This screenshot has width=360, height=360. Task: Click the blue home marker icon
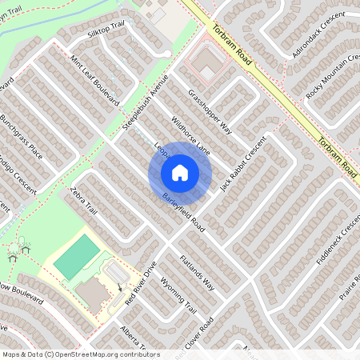[180, 173]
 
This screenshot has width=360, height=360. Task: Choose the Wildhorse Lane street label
[190, 135]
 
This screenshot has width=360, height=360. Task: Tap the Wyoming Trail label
[179, 296]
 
